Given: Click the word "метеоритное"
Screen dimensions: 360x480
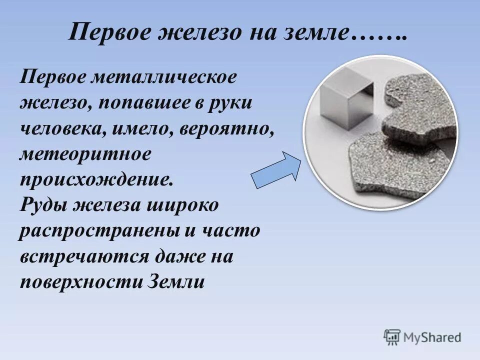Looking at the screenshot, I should [85, 153].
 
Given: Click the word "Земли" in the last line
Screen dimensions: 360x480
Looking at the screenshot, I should [177, 282].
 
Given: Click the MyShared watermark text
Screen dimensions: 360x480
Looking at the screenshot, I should [433, 337].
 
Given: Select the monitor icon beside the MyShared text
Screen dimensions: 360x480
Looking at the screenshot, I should [392, 337].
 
